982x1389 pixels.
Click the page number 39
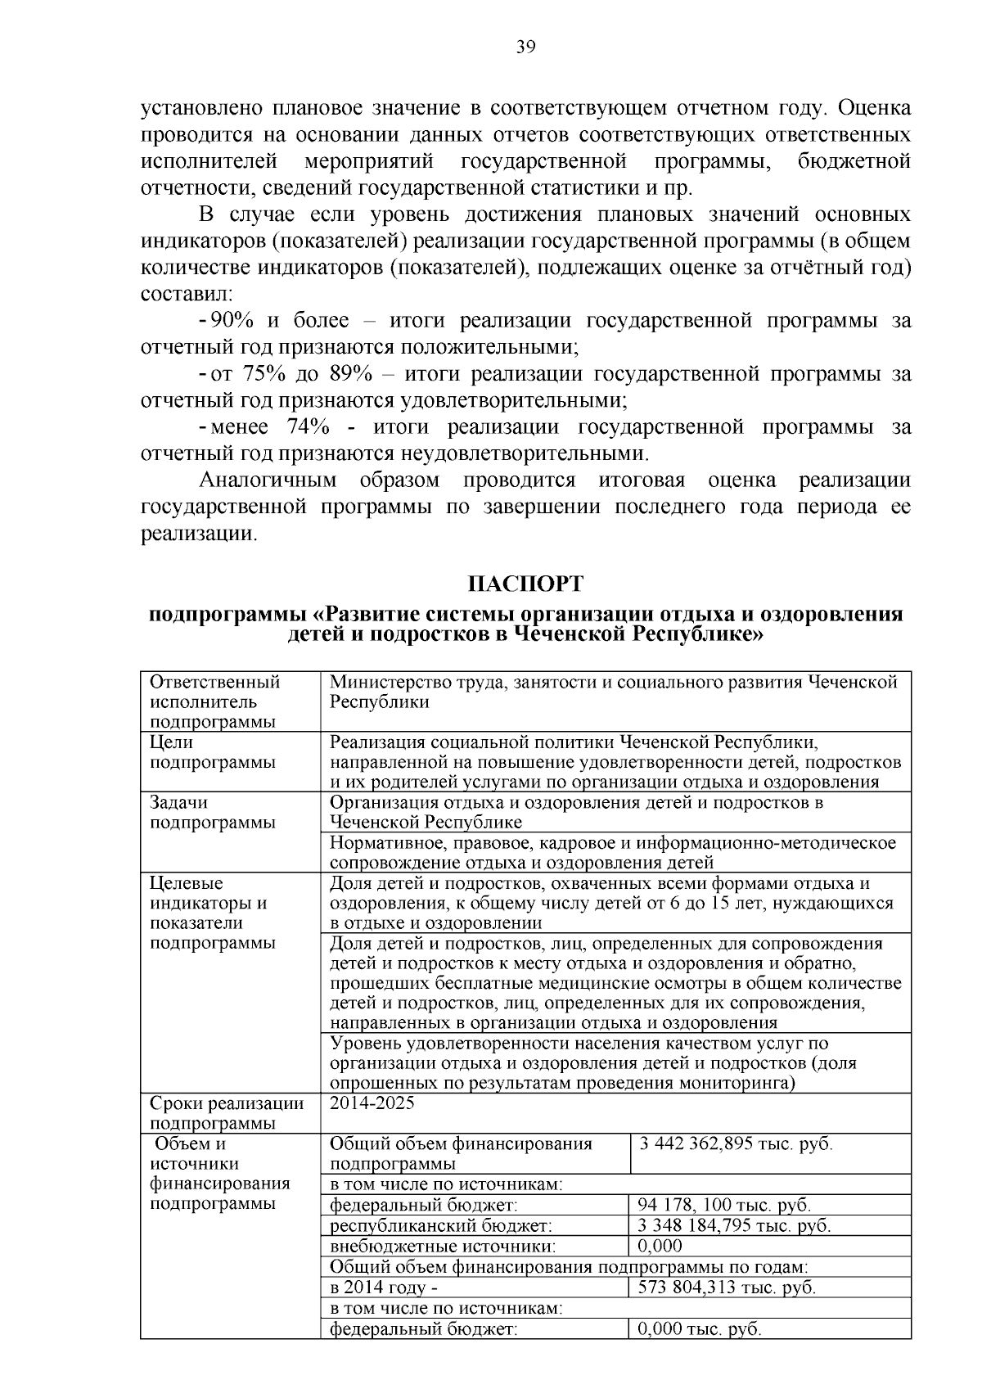click(525, 47)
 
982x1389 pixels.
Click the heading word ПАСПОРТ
click(525, 584)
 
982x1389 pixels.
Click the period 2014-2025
click(372, 1103)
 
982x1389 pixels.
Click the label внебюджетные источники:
click(443, 1246)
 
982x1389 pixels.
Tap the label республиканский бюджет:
click(440, 1225)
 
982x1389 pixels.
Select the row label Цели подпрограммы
click(212, 752)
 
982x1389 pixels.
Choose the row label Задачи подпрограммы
click(212, 813)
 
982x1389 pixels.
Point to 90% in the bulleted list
click(232, 321)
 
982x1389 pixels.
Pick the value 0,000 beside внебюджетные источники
click(660, 1246)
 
